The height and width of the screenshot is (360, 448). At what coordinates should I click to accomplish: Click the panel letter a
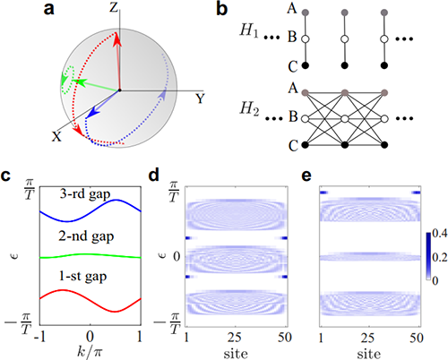coord(49,9)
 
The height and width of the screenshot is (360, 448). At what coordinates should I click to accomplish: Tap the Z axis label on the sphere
coord(114,7)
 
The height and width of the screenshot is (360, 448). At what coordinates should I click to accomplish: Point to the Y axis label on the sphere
coord(200,99)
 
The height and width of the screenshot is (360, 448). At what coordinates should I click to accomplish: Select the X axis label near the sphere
coord(56,136)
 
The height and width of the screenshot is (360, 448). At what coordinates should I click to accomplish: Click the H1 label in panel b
coord(249,30)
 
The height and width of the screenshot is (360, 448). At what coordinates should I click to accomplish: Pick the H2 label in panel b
coord(250,109)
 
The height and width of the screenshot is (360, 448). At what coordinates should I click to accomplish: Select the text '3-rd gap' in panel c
coord(85,194)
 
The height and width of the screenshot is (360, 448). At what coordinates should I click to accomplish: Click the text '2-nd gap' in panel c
coord(86,236)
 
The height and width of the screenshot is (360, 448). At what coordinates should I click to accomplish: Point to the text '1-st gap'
coord(82,276)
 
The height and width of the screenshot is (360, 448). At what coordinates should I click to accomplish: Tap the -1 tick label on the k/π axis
coord(39,337)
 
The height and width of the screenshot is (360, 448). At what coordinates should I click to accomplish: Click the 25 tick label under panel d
coord(235,338)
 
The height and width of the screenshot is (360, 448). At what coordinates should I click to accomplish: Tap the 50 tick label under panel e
coord(417,338)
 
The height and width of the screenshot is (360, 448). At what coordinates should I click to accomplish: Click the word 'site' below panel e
coord(369,354)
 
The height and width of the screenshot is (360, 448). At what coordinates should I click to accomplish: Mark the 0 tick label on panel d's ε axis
coord(177,256)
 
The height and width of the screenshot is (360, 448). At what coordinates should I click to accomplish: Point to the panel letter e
coord(306,176)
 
